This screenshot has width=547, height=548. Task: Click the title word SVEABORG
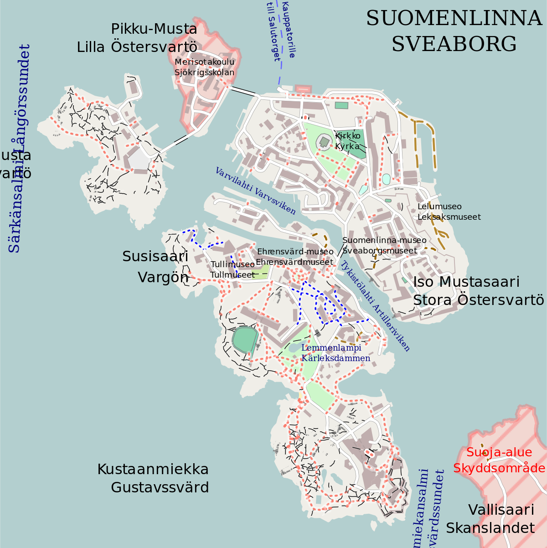454,44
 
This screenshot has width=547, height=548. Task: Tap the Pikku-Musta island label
154,29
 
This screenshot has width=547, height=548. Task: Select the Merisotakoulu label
204,62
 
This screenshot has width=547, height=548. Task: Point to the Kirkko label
347,136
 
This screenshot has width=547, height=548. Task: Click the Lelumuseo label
439,207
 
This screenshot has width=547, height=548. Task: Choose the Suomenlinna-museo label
384,240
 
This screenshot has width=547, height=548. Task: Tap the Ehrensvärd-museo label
295,252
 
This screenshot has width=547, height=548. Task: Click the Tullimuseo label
232,264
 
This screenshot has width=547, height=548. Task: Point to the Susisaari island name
155,257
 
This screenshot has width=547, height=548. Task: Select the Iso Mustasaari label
466,282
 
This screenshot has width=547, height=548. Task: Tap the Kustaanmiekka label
153,469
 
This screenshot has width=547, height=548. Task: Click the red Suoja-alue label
499,452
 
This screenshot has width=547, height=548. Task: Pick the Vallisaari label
501,510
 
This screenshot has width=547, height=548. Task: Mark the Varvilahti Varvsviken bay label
255,191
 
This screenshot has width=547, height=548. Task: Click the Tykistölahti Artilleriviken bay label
376,305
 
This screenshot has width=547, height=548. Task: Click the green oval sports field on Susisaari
245,339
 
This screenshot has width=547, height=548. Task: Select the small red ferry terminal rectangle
302,89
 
